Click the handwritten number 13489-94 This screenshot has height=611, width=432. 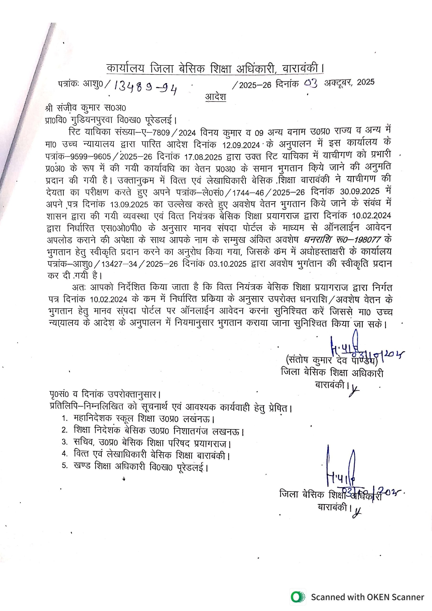145,87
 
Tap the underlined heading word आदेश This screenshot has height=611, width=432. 216,96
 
